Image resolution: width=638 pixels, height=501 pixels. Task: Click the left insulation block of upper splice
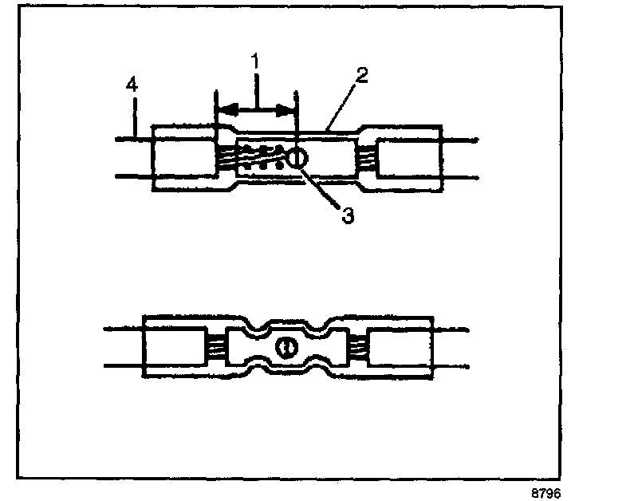coord(184,157)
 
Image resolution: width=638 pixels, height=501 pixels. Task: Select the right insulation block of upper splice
coord(408,157)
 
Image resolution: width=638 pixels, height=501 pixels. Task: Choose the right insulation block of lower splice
coord(403,348)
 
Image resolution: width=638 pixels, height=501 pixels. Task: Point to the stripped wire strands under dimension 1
coord(247,158)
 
